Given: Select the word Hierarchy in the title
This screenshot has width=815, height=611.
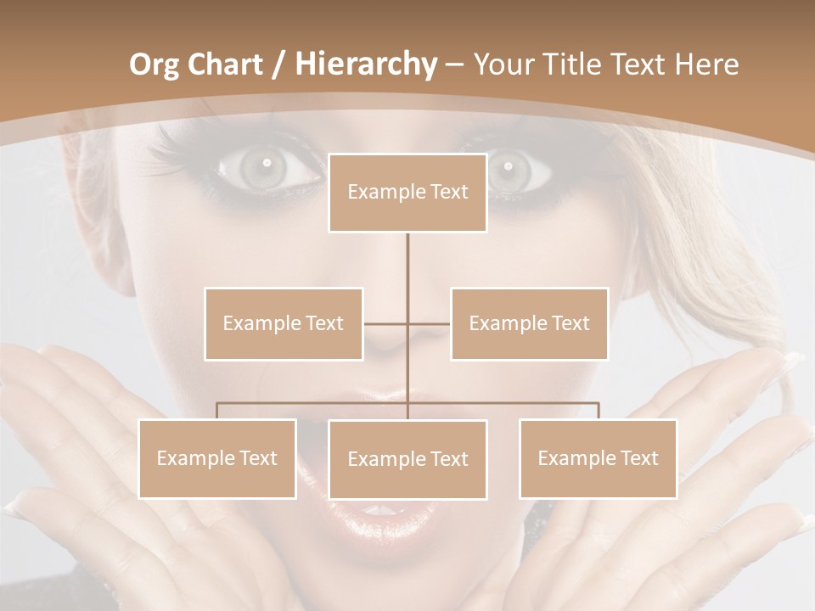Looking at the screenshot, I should click(x=365, y=64).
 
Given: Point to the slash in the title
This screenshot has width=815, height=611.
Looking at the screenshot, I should click(x=279, y=65).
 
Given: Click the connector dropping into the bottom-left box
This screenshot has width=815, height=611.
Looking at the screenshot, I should click(x=217, y=411).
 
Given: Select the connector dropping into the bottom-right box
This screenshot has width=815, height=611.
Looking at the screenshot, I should click(x=598, y=411).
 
